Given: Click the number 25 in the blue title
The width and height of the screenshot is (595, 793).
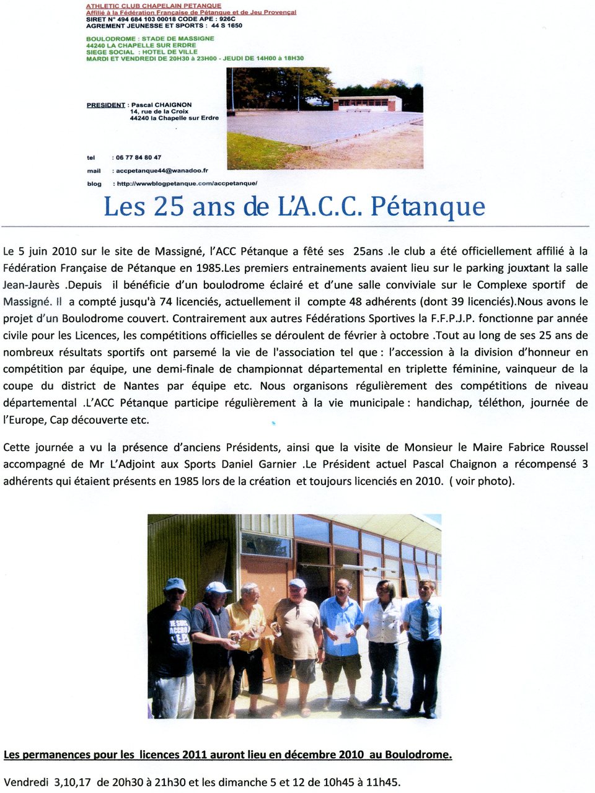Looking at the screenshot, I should (169, 206).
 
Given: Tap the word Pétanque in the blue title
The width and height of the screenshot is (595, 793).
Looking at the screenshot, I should (428, 206).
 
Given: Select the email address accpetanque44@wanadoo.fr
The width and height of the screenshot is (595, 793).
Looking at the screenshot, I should (162, 170).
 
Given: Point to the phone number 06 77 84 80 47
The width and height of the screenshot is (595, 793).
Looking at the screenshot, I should (138, 157).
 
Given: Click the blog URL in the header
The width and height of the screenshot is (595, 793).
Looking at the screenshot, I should (186, 183).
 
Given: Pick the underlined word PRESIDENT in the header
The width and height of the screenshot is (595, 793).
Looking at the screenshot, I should (106, 105).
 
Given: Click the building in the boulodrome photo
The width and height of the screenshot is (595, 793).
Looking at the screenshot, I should (367, 103).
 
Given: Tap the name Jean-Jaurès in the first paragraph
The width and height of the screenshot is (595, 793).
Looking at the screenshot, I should (32, 285).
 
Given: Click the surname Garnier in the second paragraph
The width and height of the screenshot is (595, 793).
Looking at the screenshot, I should (277, 464).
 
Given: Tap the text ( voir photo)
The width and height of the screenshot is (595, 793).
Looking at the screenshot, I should (482, 481).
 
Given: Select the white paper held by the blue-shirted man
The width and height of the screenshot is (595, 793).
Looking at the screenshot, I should (342, 632).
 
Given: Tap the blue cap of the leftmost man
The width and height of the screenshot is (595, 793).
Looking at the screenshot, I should (175, 584).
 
